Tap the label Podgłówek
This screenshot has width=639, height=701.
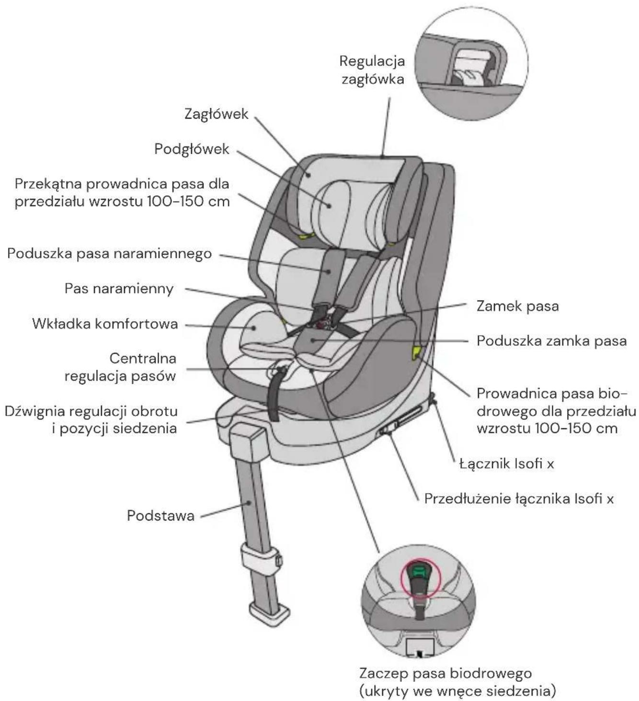point(192,149)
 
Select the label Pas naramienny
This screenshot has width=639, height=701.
point(119,289)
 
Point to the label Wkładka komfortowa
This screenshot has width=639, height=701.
point(105,324)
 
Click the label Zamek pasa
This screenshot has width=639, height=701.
point(518,306)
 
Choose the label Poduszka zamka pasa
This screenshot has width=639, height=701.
point(551,341)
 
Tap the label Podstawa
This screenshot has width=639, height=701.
point(160,516)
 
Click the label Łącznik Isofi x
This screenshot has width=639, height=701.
point(506,464)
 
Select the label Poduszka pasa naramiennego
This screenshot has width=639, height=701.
point(110,254)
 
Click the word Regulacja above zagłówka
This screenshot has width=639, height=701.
point(372,62)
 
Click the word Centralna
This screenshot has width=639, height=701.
point(143,359)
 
